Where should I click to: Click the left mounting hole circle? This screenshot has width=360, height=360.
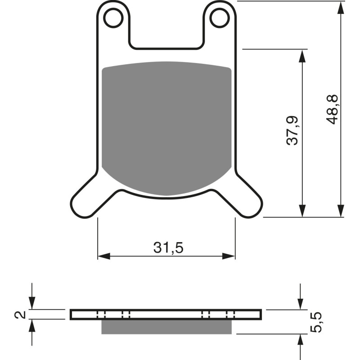[x=113, y=18]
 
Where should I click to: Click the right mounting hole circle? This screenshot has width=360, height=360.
[x=220, y=18]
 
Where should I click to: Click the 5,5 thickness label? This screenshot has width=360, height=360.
[x=318, y=322]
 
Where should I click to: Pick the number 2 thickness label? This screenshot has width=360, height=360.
[x=19, y=315]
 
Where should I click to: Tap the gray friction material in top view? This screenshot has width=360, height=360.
[x=166, y=126]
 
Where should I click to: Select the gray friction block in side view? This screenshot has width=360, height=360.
[x=166, y=327]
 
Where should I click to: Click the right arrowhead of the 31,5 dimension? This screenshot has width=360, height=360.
[x=229, y=256]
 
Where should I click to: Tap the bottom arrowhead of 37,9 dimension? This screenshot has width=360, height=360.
[x=302, y=211]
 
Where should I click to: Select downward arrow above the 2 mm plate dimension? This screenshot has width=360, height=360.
[x=31, y=304]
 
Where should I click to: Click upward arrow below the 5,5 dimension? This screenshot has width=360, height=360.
[x=301, y=340]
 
